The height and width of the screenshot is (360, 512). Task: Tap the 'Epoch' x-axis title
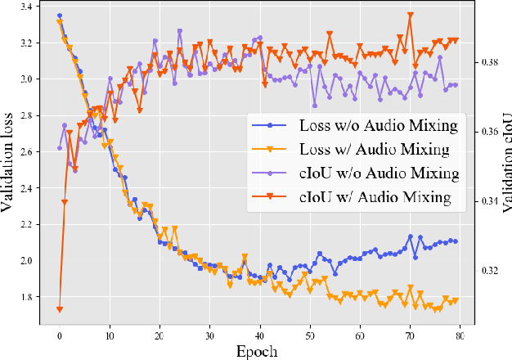[x=258, y=351]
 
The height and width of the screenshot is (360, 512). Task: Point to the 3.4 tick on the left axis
[x=28, y=7]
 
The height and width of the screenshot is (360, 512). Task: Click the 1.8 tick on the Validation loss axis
[x=28, y=297]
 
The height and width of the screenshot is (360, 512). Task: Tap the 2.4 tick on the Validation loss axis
[x=28, y=188]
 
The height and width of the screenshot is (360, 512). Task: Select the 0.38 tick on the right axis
[x=491, y=62]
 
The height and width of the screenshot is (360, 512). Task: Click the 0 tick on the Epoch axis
[x=60, y=335]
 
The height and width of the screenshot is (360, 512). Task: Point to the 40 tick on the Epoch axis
[x=260, y=335]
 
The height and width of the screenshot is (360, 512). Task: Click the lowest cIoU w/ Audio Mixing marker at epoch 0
[x=60, y=309]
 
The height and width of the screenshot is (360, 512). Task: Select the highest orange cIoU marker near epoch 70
[x=410, y=15]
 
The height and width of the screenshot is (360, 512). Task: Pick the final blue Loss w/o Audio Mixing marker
[x=456, y=241]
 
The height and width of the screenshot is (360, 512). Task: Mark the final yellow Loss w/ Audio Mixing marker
[x=456, y=300]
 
